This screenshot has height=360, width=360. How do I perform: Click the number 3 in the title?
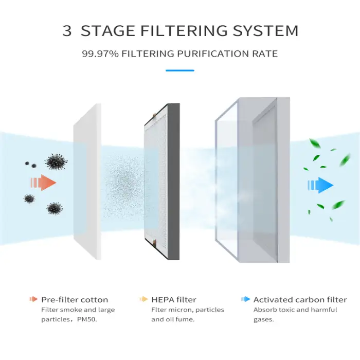coord(67,30)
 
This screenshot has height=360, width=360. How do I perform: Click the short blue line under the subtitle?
coord(180,70)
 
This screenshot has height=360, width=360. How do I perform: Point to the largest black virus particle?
coord(56,161)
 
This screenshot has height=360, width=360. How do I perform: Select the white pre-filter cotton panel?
coord(88,180)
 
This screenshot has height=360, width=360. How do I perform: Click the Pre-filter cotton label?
coord(75,299)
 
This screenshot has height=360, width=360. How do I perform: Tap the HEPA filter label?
coord(174,299)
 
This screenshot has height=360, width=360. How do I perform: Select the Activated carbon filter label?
coord(300,299)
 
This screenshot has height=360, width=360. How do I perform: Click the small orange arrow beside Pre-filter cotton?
coord(33,299)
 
